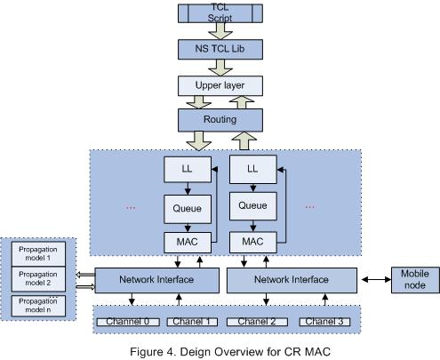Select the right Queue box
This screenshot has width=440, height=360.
[252, 206]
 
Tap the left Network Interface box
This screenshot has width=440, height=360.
[156, 279]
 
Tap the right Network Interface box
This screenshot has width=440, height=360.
[292, 279]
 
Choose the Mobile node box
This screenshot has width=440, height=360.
[414, 279]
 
